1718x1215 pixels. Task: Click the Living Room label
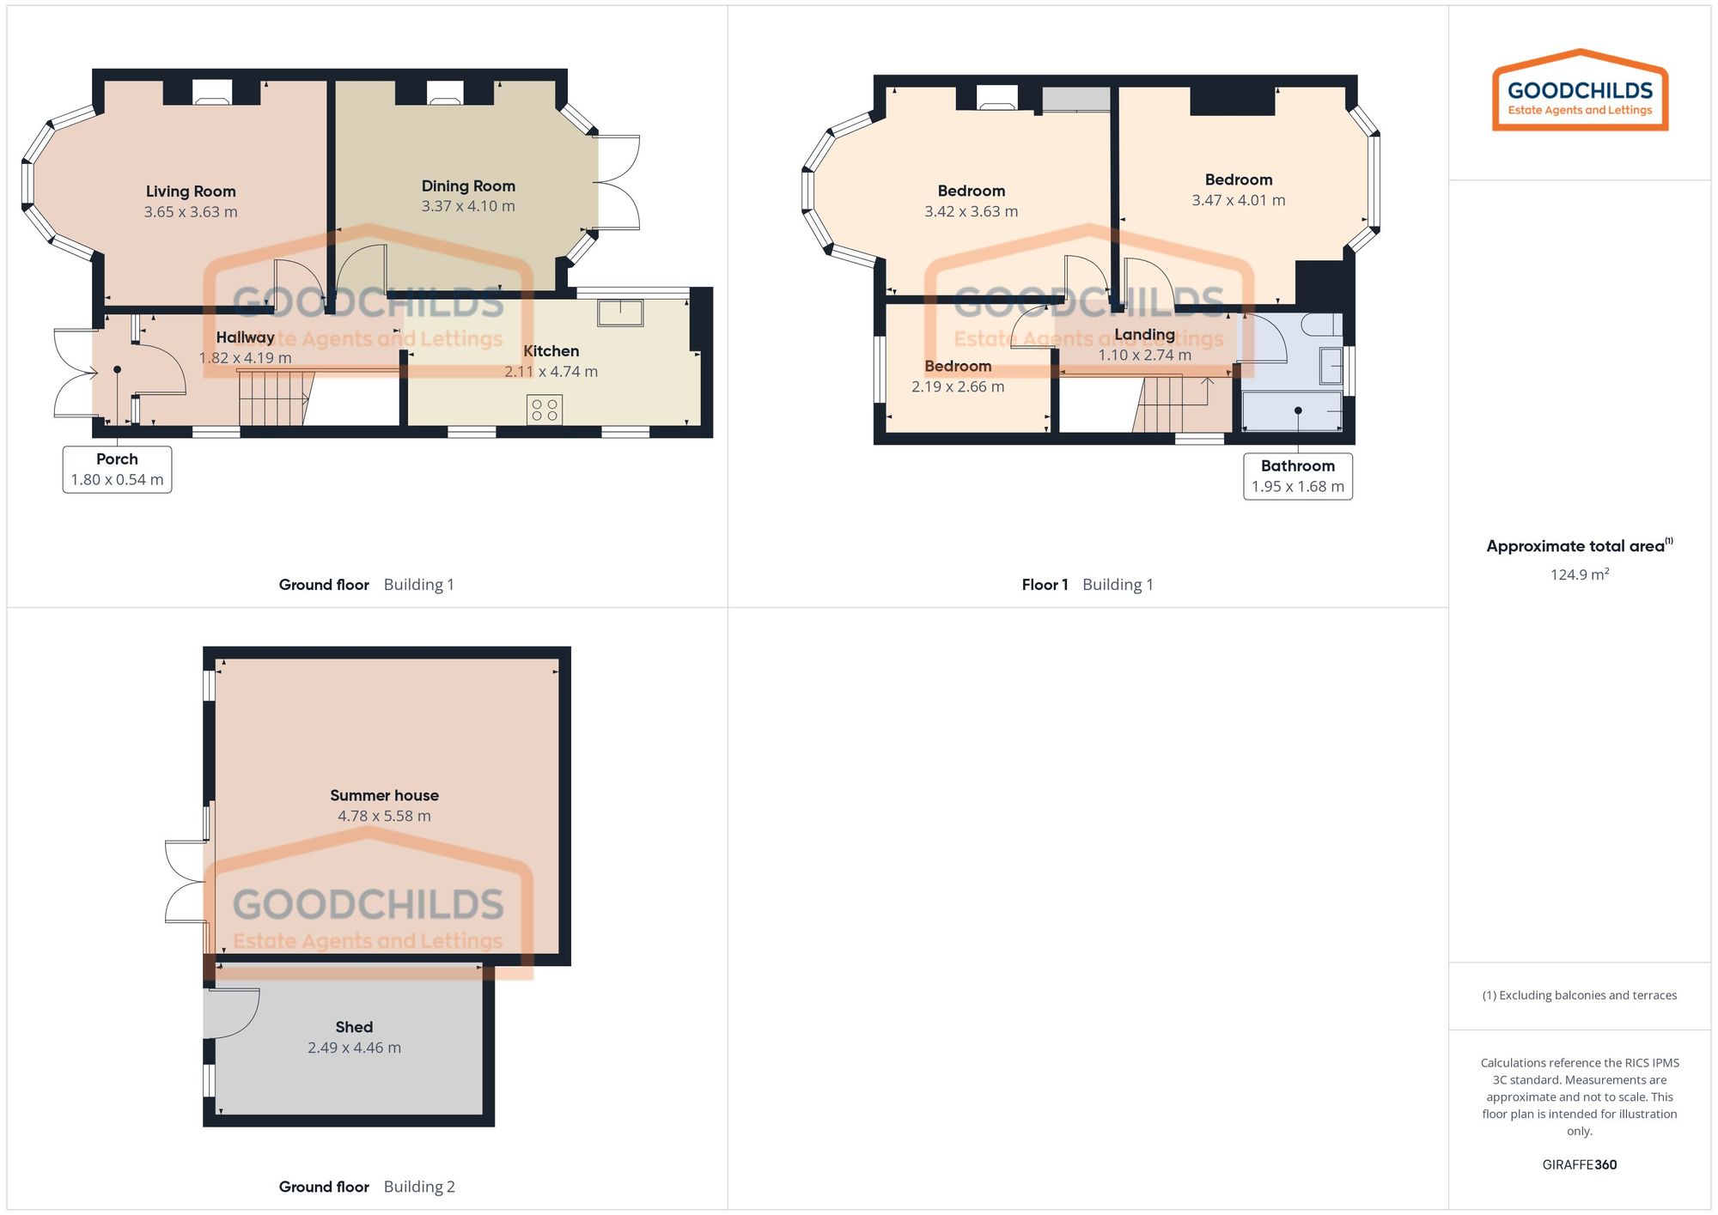tap(190, 191)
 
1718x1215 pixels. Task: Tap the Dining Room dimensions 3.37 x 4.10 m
tap(468, 206)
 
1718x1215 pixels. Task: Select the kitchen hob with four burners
tap(545, 410)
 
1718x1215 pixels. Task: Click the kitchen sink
tap(620, 313)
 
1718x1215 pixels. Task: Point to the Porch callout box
tap(117, 469)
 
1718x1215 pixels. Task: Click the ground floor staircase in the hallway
tap(273, 398)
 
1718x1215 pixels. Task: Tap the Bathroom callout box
tap(1297, 476)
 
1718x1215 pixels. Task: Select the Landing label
tap(1144, 335)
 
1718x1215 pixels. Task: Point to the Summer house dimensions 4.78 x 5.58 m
tap(384, 816)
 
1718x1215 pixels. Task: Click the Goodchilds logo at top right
tap(1579, 91)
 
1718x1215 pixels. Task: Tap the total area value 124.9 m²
tap(1579, 574)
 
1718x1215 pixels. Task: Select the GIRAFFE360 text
tap(1579, 1164)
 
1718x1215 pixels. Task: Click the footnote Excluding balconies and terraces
tap(1579, 995)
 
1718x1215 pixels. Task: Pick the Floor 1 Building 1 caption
tap(1087, 585)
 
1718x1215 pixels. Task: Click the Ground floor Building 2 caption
tap(367, 1187)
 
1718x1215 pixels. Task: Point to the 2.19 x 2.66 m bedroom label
tap(957, 386)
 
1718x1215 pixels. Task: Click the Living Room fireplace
tap(211, 93)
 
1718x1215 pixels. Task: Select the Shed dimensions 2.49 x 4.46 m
tap(354, 1048)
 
